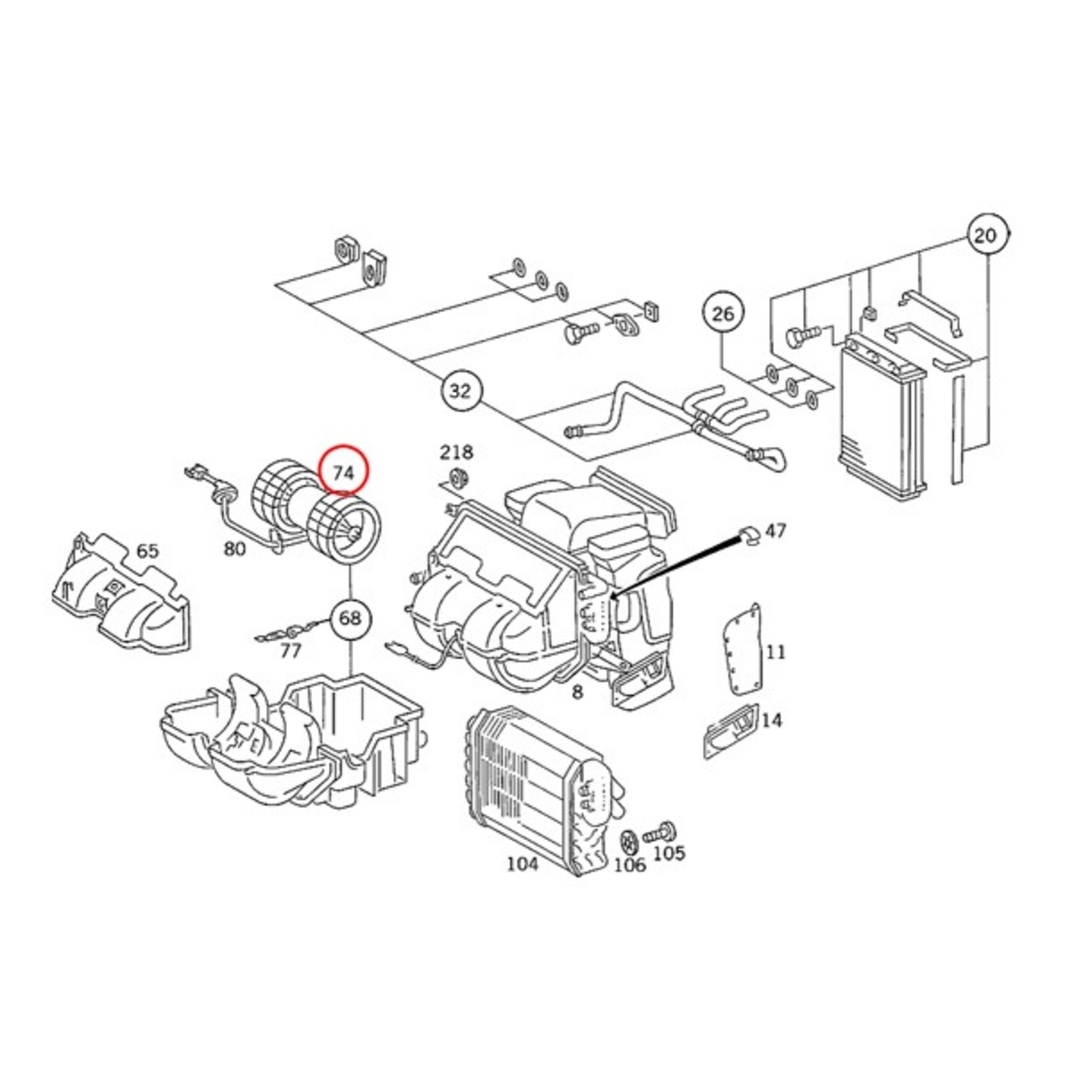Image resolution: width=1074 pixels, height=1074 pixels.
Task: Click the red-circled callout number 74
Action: coord(343,470)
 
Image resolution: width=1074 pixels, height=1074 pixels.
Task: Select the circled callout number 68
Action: coord(349,617)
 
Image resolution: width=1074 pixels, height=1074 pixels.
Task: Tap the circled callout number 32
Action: coord(460,391)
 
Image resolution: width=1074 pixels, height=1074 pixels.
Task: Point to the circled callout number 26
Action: coord(722,314)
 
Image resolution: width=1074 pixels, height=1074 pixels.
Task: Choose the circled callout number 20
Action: coord(986,234)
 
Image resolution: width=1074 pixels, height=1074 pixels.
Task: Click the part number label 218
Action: coord(456,452)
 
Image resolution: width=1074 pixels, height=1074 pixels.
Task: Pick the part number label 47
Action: coord(775,531)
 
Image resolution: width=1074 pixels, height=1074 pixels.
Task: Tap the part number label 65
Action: coord(147,551)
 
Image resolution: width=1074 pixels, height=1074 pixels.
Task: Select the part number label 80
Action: coord(235,548)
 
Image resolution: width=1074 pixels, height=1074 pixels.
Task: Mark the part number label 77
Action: coord(290,651)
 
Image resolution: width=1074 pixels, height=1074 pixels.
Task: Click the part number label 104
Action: coord(522,864)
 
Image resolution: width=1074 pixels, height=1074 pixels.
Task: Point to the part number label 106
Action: coord(630,865)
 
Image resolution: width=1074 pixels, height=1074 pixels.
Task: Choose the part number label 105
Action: coord(669,853)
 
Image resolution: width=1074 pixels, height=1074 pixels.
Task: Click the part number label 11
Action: coord(775,652)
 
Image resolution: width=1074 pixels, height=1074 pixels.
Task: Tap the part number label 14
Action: coord(771,720)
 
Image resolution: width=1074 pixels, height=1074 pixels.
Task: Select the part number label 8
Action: coord(578,692)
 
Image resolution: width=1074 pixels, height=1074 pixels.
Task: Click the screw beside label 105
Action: coord(659,832)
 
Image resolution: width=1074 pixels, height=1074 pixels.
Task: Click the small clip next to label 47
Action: coord(750,534)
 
